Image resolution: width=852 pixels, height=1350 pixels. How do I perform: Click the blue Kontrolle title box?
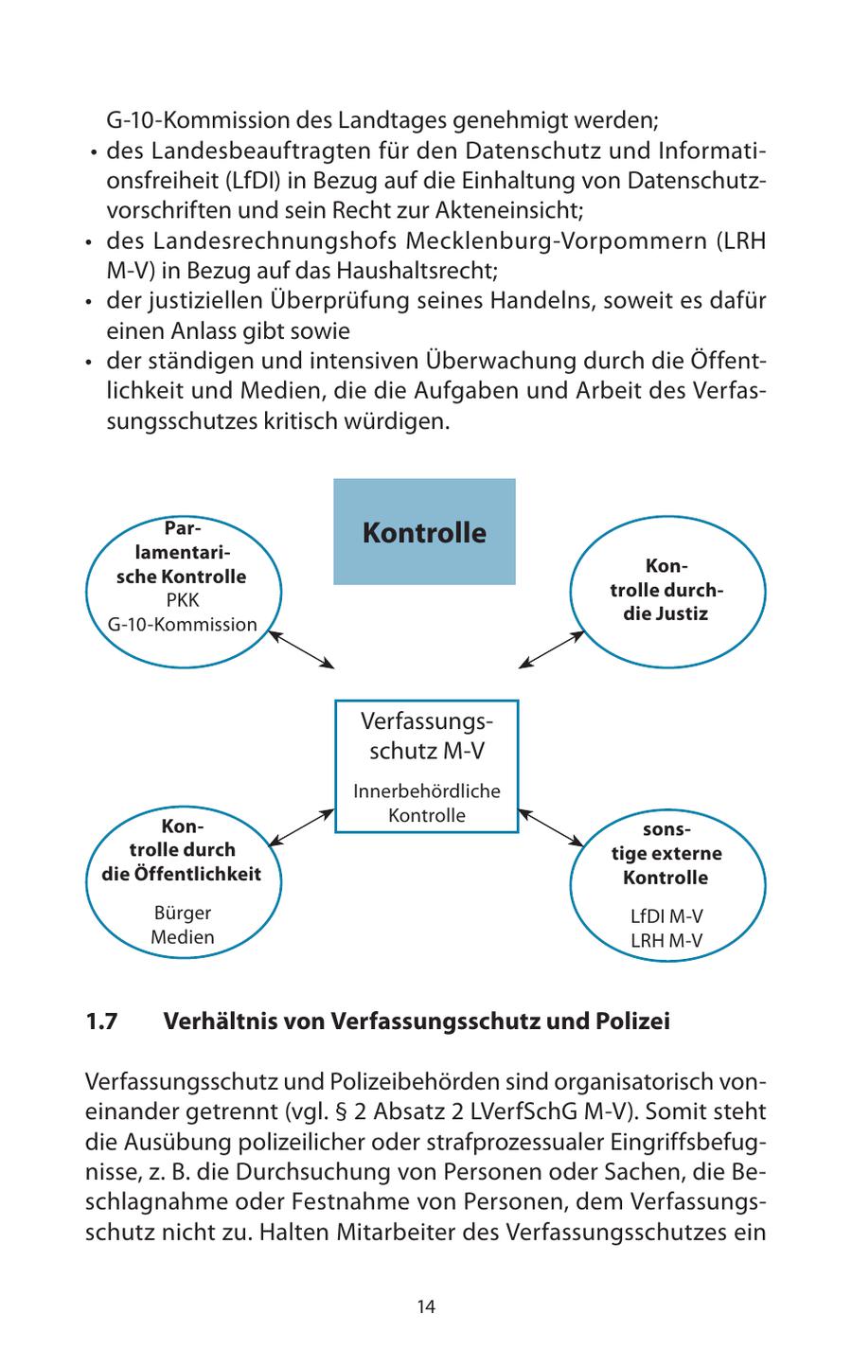tap(424, 531)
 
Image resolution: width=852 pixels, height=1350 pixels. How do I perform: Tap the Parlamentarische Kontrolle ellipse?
tap(183, 587)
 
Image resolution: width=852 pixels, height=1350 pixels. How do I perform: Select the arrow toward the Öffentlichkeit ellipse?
tap(302, 826)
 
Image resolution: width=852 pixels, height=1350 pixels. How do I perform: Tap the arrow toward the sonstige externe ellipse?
tap(551, 826)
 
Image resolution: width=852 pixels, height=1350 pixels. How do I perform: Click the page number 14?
tap(426, 1306)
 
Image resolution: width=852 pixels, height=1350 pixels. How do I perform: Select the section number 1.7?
tap(100, 1021)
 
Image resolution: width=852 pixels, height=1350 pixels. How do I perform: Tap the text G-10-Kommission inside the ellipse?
tap(182, 625)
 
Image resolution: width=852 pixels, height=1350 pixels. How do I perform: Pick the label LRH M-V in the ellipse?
tap(666, 941)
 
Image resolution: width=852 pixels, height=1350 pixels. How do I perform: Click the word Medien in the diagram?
tap(182, 937)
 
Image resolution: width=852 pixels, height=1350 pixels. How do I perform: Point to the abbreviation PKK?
tap(182, 600)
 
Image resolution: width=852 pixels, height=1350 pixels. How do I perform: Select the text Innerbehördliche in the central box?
tap(427, 790)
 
